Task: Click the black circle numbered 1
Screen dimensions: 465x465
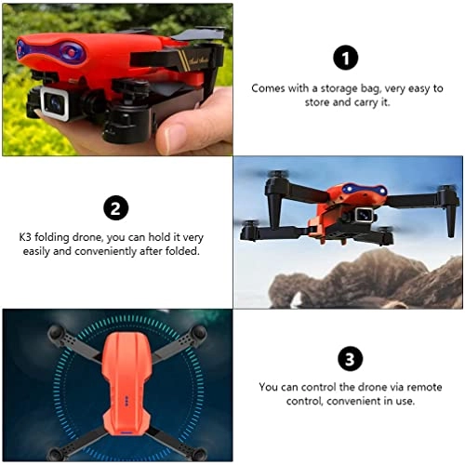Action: tap(345, 58)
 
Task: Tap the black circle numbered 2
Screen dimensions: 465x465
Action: tap(115, 208)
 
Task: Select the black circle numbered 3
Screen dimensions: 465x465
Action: tap(351, 359)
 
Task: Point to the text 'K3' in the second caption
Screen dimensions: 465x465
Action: tap(25, 237)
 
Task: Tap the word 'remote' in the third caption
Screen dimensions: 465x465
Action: tap(424, 387)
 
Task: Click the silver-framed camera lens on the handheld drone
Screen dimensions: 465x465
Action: tap(56, 102)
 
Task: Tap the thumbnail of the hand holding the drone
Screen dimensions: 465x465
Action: tap(117, 79)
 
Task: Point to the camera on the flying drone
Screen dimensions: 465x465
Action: tap(364, 215)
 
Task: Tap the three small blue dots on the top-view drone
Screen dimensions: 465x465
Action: tap(126, 398)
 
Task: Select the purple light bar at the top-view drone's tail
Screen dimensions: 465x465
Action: tap(126, 432)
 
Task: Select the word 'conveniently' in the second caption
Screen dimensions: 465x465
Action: tap(106, 251)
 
